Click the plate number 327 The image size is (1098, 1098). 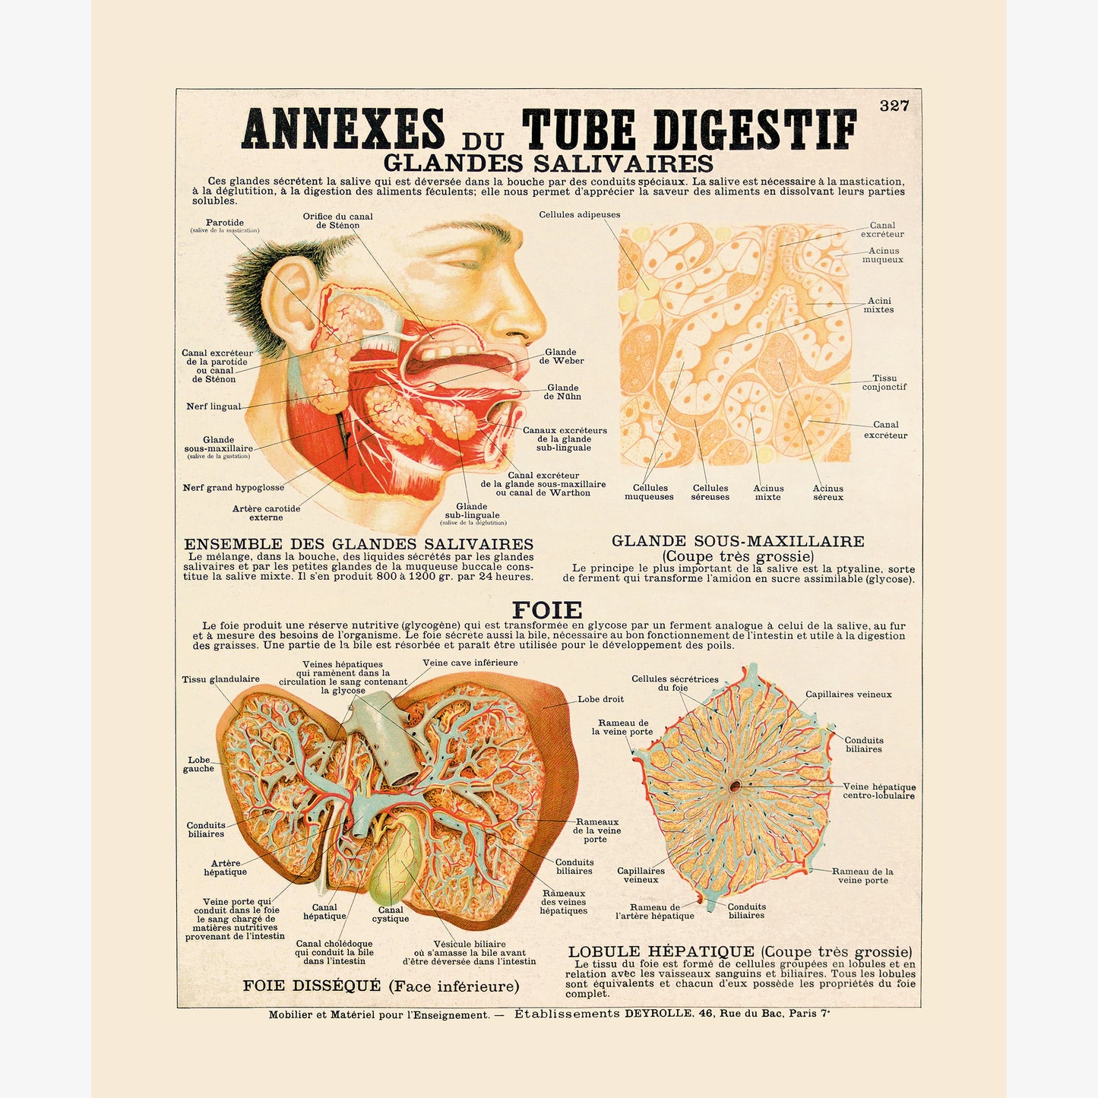[x=894, y=106]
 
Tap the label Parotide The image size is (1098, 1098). [x=225, y=223]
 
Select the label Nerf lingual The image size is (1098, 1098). [x=214, y=407]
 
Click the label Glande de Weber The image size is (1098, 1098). [x=562, y=356]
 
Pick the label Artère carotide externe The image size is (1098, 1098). [x=267, y=513]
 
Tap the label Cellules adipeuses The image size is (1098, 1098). [x=579, y=215]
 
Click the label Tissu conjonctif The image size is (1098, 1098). [x=884, y=382]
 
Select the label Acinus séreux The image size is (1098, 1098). [x=827, y=492]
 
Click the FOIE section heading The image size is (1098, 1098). [x=547, y=610]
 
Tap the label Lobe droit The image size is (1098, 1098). [x=600, y=699]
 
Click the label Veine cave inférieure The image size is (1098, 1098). [x=470, y=663]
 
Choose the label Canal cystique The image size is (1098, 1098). [x=391, y=914]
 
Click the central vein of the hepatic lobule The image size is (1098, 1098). [x=735, y=786]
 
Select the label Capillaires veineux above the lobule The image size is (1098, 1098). [x=848, y=695]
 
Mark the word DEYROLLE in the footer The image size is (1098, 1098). [x=658, y=1014]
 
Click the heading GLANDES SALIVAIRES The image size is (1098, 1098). [x=548, y=163]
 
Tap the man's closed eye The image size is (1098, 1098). [x=463, y=264]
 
